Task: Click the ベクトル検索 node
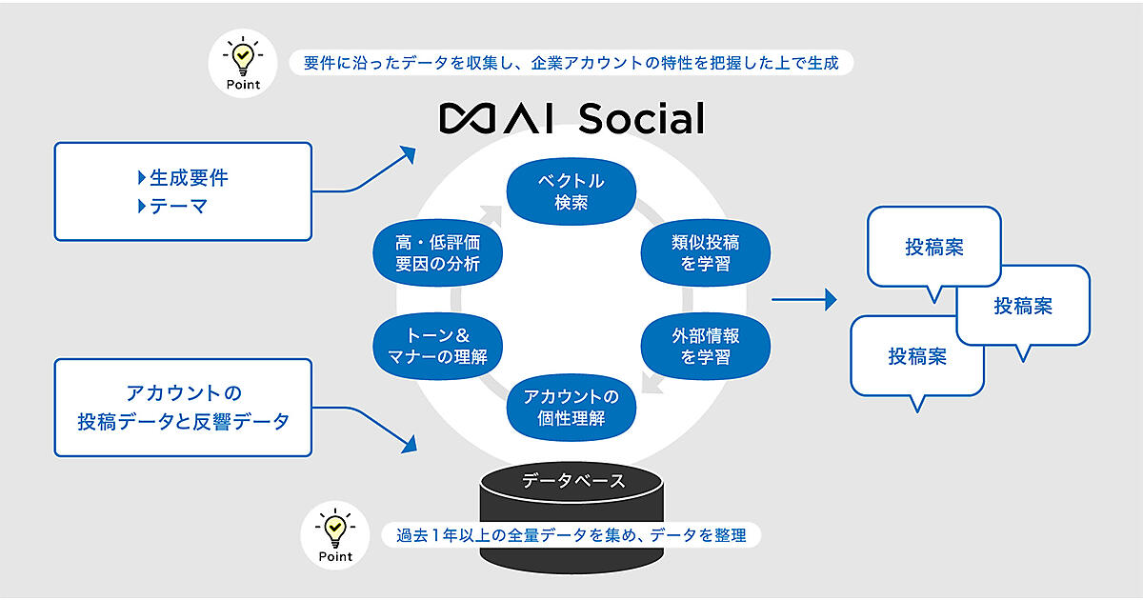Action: pyautogui.click(x=571, y=190)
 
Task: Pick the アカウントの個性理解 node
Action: pyautogui.click(x=571, y=407)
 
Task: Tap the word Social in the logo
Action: pyautogui.click(x=640, y=118)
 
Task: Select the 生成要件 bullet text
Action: pyautogui.click(x=190, y=177)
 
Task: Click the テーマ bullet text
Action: pyautogui.click(x=179, y=205)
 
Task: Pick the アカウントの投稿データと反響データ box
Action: pyautogui.click(x=183, y=406)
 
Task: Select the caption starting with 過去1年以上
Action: pyautogui.click(x=572, y=535)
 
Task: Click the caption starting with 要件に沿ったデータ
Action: pyautogui.click(x=571, y=64)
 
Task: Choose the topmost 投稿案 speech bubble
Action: pyautogui.click(x=933, y=248)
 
